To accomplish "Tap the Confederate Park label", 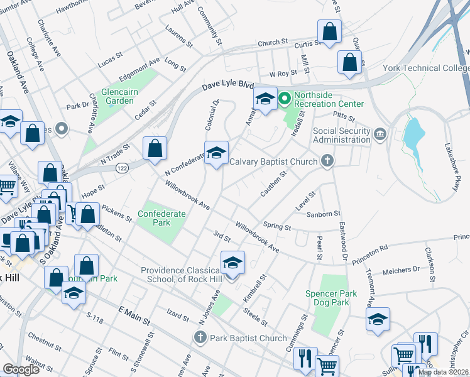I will tap(162, 218).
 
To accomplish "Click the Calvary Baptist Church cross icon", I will tap(326, 161).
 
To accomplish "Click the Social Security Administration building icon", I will tap(380, 134).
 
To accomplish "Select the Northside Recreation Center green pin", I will tap(284, 98).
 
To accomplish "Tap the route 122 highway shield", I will tap(122, 168).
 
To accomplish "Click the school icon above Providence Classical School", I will tap(232, 263).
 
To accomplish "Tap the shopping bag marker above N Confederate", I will tap(155, 149).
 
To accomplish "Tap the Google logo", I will tap(21, 369).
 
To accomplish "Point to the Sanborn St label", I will tap(323, 214).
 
